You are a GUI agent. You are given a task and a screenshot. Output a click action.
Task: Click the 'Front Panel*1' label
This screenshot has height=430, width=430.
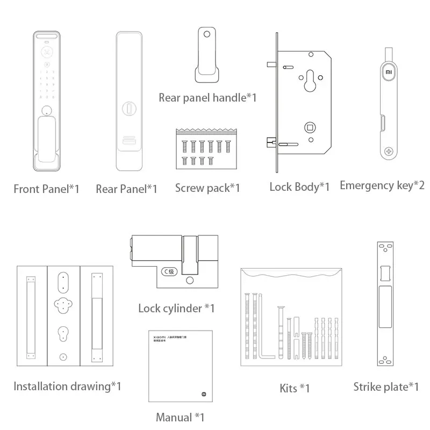[x=46, y=189]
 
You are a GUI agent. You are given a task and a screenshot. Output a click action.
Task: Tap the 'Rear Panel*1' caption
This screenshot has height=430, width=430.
[x=126, y=189]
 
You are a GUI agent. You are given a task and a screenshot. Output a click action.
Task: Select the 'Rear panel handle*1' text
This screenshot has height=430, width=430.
[x=207, y=98]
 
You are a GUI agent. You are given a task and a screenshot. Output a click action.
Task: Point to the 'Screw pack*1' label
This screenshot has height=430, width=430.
[x=207, y=188]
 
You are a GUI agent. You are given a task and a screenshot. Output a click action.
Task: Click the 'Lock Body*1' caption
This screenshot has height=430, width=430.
[x=299, y=187]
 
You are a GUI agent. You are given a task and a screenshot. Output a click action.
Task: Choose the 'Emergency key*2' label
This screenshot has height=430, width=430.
[x=382, y=185]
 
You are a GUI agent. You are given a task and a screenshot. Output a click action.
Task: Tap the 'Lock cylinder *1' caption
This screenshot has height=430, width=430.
[x=176, y=308]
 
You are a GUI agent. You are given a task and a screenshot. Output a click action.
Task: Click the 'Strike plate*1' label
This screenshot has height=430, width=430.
[x=386, y=386]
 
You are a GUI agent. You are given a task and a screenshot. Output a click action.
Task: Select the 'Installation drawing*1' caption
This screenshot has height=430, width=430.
[x=67, y=386]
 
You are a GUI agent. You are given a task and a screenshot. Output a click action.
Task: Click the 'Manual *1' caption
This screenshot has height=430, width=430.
[x=180, y=417]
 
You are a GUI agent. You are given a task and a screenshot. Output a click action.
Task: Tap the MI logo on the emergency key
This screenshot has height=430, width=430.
[x=388, y=70]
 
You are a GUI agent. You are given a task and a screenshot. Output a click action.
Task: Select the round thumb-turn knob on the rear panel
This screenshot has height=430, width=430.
[x=130, y=107]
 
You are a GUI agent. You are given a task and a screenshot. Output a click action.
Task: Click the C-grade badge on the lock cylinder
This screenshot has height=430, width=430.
[x=169, y=271]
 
